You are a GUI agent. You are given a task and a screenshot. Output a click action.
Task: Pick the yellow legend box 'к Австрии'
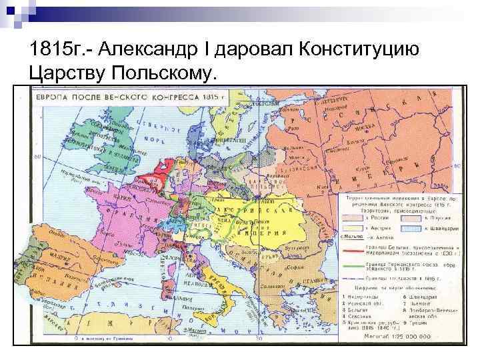pyautogui.click(x=351, y=227)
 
